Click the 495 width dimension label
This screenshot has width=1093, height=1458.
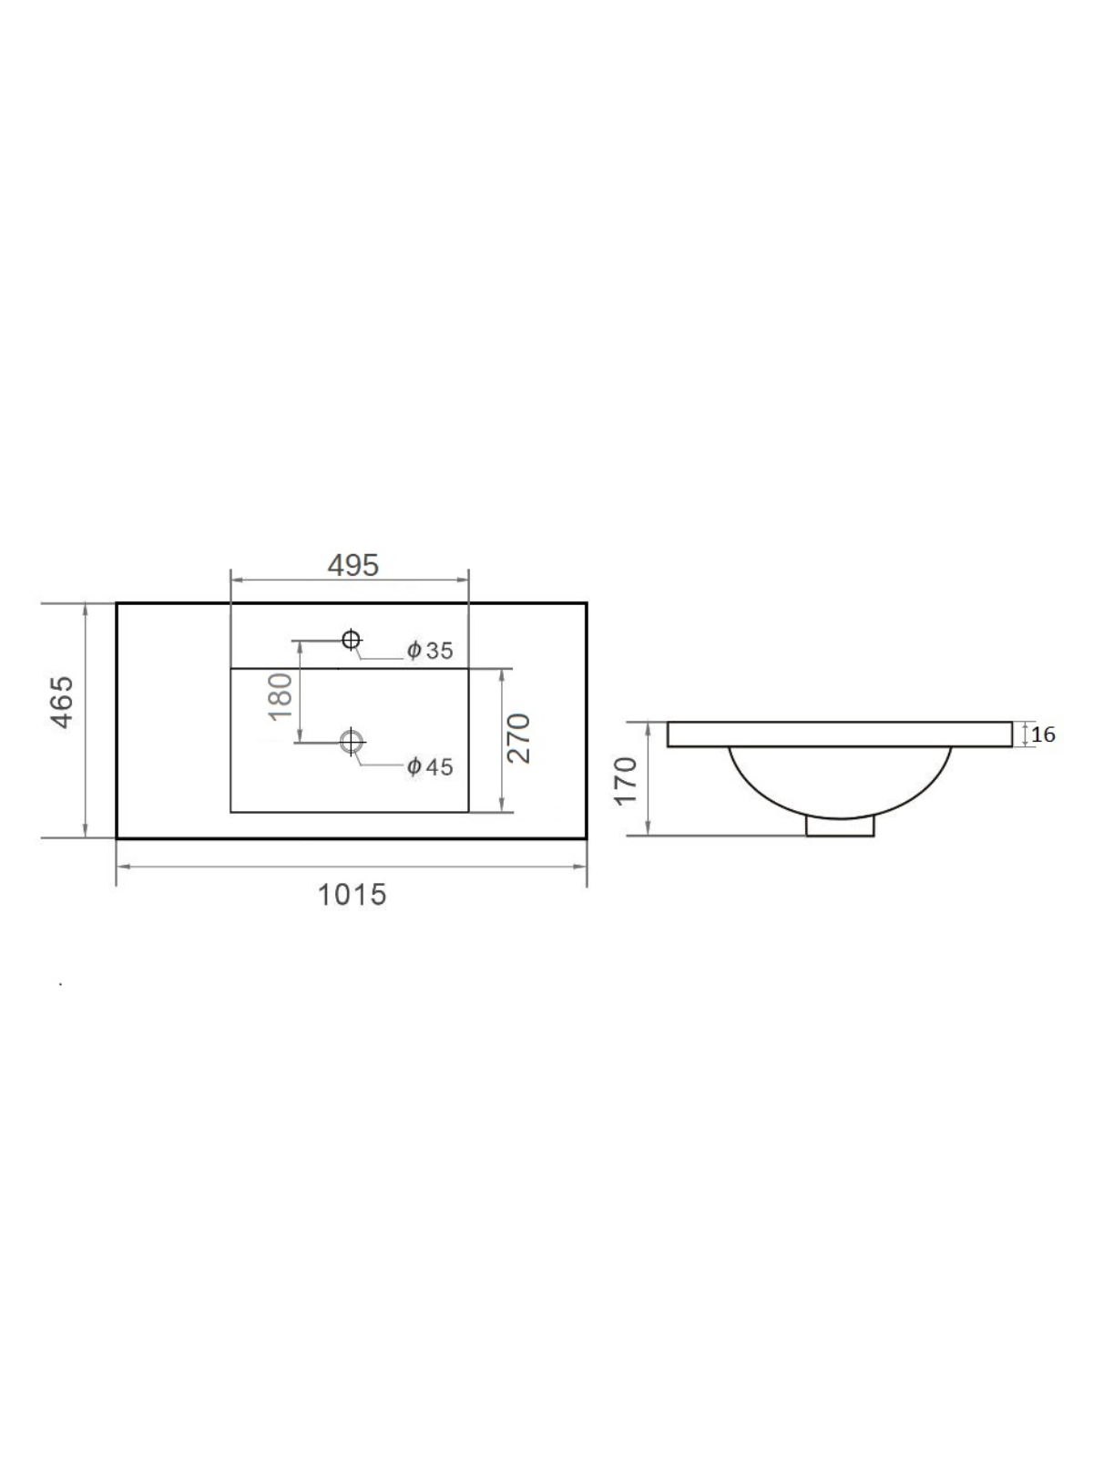tap(353, 566)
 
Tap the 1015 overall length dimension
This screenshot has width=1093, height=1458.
tap(352, 895)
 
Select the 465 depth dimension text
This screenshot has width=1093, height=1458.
tap(63, 703)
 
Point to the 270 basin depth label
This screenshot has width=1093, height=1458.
tap(517, 739)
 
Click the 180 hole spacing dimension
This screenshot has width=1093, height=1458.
tap(281, 696)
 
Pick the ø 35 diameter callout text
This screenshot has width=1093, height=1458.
tap(430, 651)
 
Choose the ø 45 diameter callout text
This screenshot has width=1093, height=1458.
tap(430, 767)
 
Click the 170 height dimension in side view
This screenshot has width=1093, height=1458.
tap(626, 780)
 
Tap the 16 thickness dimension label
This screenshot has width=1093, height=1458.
tap(1043, 734)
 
